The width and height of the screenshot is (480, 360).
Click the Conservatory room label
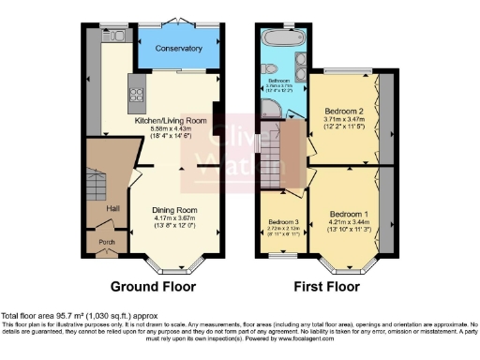click(178, 48)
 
